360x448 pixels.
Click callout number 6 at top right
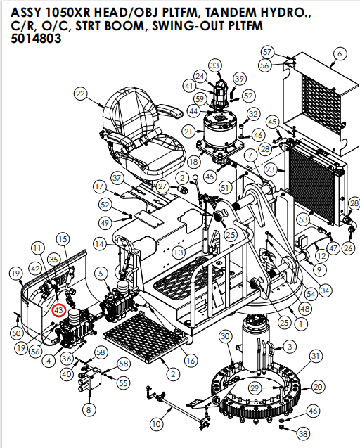click(340, 53)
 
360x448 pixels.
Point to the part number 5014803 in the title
click(36, 39)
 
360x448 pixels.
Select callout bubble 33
click(214, 65)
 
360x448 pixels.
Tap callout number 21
click(188, 132)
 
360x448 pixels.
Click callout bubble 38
click(303, 434)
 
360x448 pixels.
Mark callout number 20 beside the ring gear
click(319, 387)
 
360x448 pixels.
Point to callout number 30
click(225, 338)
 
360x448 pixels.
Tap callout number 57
click(266, 52)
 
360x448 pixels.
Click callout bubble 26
click(347, 248)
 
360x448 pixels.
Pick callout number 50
click(16, 332)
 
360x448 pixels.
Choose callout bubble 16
click(190, 360)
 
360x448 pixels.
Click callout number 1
click(301, 324)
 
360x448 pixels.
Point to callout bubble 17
click(100, 187)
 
